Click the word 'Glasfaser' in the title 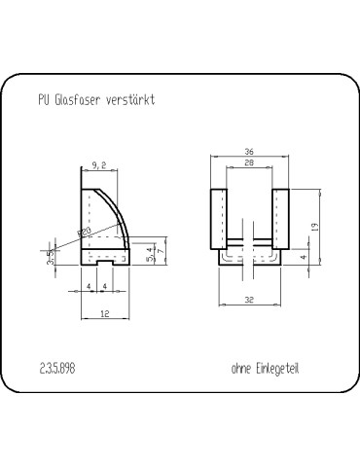tap(72, 100)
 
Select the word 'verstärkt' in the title tap(127, 100)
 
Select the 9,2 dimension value tap(98, 165)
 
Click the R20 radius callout tap(85, 232)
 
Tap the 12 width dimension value tap(102, 313)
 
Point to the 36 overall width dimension tap(249, 153)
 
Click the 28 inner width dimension tap(249, 165)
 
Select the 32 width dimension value tap(249, 302)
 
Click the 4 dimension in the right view tap(305, 258)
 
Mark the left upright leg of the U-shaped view tap(219, 219)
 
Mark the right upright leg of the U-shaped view tap(282, 219)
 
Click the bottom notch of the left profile tap(102, 262)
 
